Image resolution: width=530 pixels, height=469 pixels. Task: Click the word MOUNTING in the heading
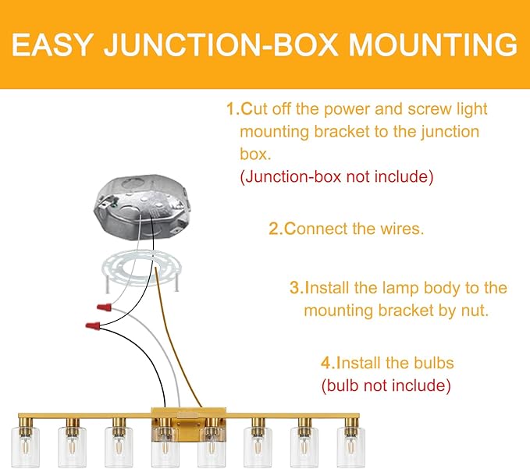coord(432,44)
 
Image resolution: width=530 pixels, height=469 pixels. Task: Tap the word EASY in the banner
coord(52,44)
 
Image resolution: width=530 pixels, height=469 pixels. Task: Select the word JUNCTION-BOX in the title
coord(221,44)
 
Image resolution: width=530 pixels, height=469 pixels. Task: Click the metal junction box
coord(142,207)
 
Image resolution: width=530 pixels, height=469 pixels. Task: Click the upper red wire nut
coord(104,307)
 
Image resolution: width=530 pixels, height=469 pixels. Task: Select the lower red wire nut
coord(93,326)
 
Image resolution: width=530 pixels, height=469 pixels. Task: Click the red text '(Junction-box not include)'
coord(336,176)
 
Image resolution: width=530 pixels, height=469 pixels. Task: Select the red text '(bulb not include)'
coord(386,386)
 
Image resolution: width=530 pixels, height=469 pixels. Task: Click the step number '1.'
coord(233,109)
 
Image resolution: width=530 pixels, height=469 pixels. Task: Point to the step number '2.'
coord(276,229)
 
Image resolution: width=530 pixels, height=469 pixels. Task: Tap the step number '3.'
coord(297,288)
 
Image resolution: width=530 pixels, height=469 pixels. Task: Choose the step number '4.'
coord(328,363)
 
